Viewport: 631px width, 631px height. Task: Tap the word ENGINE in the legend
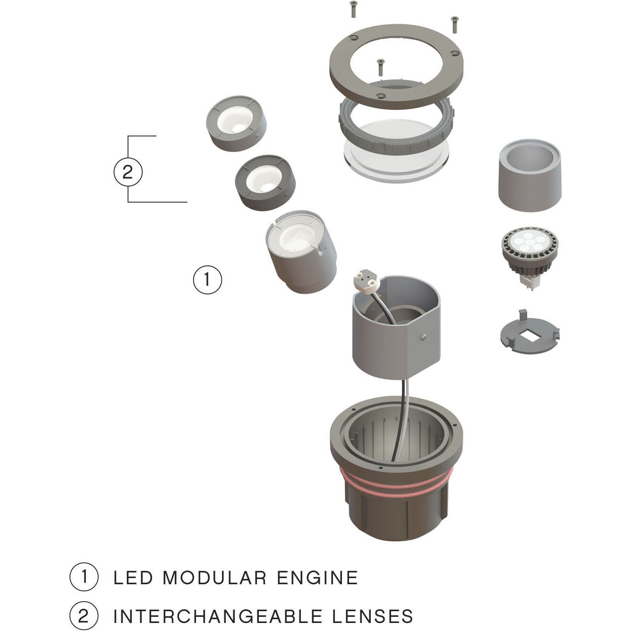pyautogui.click(x=317, y=578)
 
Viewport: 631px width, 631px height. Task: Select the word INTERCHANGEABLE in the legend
pyautogui.click(x=218, y=616)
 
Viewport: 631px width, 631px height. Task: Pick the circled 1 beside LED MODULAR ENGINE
pyautogui.click(x=84, y=577)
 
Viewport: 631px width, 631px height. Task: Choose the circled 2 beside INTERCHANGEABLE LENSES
pyautogui.click(x=84, y=616)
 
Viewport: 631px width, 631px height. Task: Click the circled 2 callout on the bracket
pyautogui.click(x=128, y=172)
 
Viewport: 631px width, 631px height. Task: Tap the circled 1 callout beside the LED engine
pyautogui.click(x=207, y=280)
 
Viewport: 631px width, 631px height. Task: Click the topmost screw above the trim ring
pyautogui.click(x=353, y=9)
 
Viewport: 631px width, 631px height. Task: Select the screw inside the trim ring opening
pyautogui.click(x=380, y=67)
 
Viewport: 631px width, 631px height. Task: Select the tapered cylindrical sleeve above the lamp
pyautogui.click(x=530, y=175)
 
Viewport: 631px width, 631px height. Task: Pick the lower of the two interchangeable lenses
pyautogui.click(x=265, y=182)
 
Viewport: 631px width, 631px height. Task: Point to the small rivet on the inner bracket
pyautogui.click(x=424, y=336)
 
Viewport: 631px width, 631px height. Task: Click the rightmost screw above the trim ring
pyautogui.click(x=455, y=24)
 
